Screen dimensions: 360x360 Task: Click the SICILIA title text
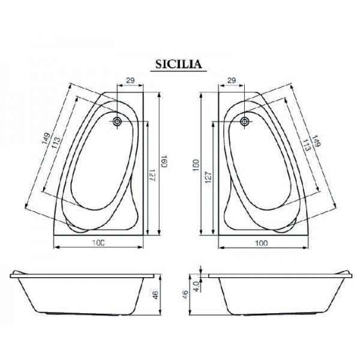click(179, 64)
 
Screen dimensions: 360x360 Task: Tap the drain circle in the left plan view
click(118, 121)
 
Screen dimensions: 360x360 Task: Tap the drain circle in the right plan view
click(245, 121)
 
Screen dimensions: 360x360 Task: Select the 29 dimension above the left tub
click(130, 80)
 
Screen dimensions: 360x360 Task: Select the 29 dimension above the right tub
click(232, 80)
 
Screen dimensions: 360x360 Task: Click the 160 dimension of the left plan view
click(164, 161)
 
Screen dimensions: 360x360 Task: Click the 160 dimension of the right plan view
click(196, 166)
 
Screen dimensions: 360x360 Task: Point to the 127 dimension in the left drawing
click(152, 175)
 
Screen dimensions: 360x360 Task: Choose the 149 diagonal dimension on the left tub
click(46, 139)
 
